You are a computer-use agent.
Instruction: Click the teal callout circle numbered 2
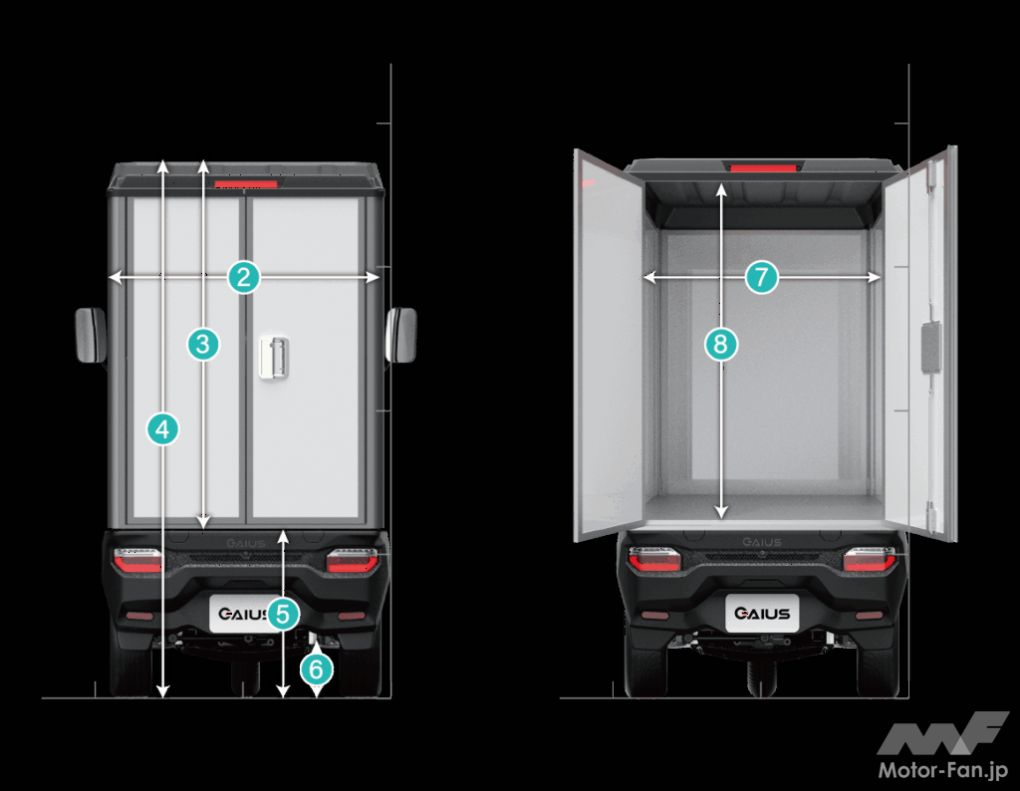click(x=244, y=277)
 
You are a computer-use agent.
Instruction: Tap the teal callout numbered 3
click(x=203, y=344)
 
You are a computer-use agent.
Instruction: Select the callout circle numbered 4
click(x=162, y=429)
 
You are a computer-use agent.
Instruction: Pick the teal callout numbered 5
click(x=282, y=614)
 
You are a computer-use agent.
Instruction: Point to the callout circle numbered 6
click(x=316, y=669)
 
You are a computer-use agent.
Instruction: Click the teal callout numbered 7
click(x=761, y=277)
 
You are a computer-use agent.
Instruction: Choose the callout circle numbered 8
click(x=721, y=344)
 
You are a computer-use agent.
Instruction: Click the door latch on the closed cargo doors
click(x=273, y=357)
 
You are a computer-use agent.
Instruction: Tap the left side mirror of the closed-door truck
click(x=91, y=335)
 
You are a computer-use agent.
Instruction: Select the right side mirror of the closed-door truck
click(x=400, y=335)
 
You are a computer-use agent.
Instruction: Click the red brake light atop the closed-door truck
click(x=246, y=184)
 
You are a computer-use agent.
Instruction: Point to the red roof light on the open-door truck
click(x=763, y=168)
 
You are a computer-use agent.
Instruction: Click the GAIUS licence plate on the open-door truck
click(x=762, y=613)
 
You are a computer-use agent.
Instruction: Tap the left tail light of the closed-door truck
click(x=137, y=560)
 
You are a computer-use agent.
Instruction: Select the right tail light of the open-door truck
click(x=870, y=560)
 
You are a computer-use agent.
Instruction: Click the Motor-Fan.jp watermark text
click(x=942, y=770)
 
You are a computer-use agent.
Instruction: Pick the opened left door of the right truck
click(x=609, y=346)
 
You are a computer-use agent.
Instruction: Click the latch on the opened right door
click(x=931, y=348)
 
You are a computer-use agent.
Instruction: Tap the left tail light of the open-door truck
click(x=654, y=560)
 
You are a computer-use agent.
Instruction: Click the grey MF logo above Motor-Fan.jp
click(x=942, y=734)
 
